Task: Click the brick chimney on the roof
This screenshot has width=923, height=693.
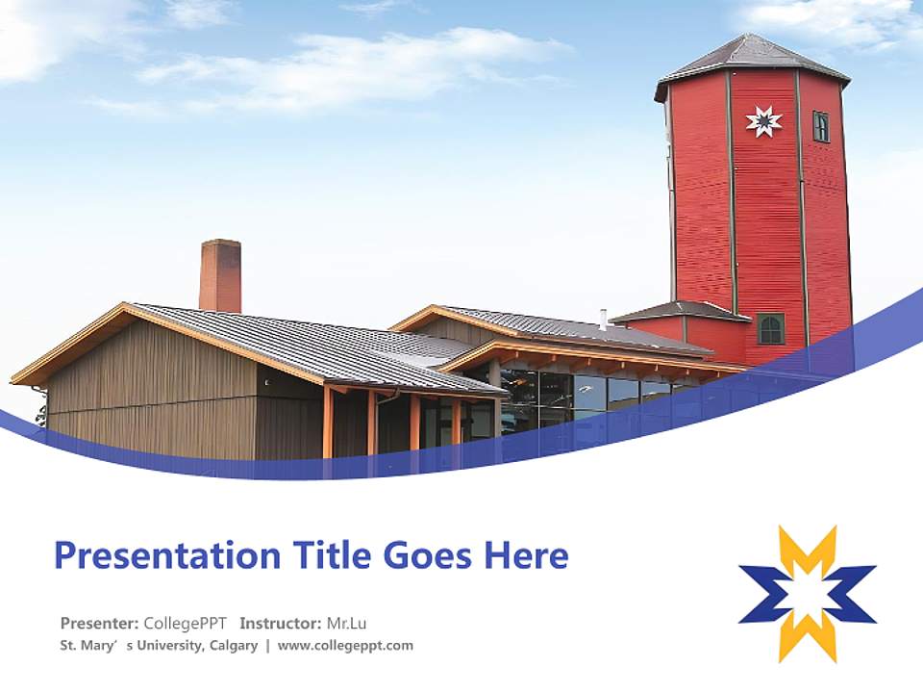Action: tap(220, 276)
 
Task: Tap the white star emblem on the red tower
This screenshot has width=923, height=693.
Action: tap(763, 122)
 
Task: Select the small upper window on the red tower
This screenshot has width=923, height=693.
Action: tap(820, 126)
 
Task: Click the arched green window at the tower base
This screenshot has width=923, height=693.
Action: tap(770, 329)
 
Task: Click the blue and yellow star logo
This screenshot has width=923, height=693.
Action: tap(808, 594)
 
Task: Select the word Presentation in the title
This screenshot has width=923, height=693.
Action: tap(167, 555)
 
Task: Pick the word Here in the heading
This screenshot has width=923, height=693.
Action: tap(526, 555)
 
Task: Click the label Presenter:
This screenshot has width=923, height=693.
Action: tap(99, 623)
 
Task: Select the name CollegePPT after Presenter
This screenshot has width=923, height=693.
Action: tap(185, 624)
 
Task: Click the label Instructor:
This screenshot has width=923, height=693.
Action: tap(281, 623)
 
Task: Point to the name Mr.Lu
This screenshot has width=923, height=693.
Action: tap(346, 623)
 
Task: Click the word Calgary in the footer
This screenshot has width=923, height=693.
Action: tap(234, 646)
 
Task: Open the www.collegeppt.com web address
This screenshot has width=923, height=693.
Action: tap(345, 646)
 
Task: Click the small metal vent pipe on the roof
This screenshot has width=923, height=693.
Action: tap(603, 319)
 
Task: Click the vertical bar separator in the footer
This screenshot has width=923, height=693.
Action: tap(268, 646)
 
